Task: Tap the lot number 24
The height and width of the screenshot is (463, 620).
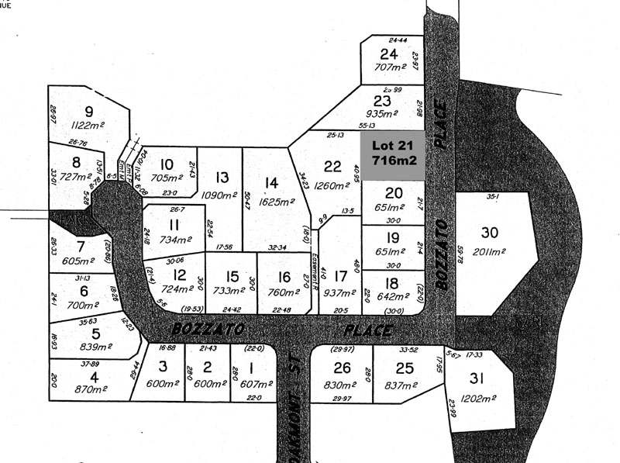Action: (388, 54)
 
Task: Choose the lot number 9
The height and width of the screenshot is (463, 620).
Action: (88, 111)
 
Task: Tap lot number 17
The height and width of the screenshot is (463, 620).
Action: (339, 275)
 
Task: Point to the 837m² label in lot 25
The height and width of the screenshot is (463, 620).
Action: (401, 386)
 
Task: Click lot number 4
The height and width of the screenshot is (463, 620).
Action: (94, 378)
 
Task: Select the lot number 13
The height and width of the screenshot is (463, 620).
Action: (222, 178)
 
